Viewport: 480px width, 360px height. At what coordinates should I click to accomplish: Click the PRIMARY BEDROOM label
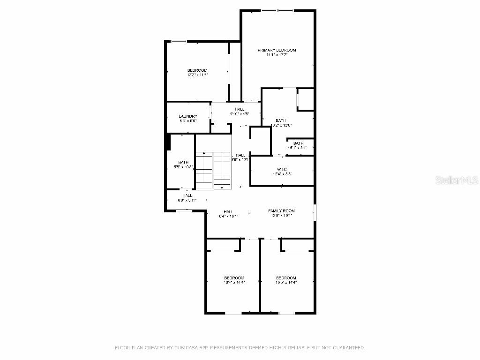tap(277, 50)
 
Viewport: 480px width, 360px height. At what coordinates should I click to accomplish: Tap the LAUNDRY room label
tap(188, 116)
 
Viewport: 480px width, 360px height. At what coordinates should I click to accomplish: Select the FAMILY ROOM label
tap(281, 211)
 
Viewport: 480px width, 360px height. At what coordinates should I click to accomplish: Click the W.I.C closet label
tap(282, 169)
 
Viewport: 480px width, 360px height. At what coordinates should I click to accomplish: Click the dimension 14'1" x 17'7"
tap(277, 55)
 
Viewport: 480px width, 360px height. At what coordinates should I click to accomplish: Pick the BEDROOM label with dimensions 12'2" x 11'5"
tap(197, 70)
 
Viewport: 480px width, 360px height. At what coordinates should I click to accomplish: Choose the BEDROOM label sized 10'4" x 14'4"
tap(233, 278)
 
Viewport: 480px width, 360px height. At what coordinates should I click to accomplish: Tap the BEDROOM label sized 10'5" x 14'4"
tap(286, 278)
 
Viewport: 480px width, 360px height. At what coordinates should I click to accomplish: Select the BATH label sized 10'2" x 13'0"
tap(281, 120)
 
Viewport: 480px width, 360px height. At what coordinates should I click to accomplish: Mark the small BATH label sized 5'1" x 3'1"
tap(298, 143)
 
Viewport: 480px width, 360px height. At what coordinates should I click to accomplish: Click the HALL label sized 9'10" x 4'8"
tap(240, 109)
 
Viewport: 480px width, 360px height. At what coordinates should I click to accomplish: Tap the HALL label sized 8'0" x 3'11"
tap(187, 195)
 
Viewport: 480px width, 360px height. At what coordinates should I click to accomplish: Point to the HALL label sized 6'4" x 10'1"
tap(229, 212)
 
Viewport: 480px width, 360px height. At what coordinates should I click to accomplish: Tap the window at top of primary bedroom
tap(277, 10)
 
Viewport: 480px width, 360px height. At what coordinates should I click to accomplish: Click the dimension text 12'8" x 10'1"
tap(281, 216)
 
